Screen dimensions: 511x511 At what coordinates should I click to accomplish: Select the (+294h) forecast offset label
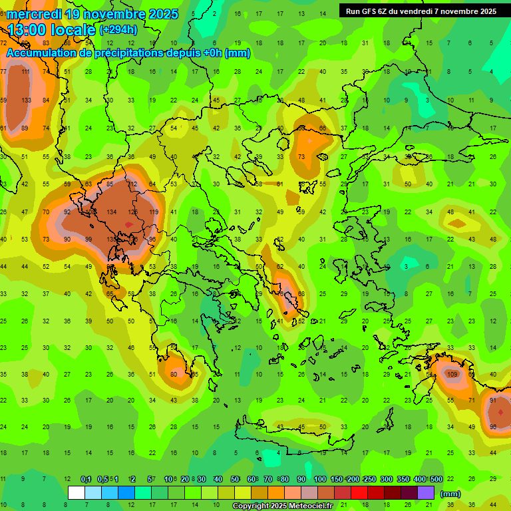tap(118, 30)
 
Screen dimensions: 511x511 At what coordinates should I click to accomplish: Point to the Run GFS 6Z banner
tap(421, 11)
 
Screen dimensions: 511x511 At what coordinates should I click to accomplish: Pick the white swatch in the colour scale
tap(77, 493)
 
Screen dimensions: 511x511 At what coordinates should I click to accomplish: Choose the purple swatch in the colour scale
tap(426, 493)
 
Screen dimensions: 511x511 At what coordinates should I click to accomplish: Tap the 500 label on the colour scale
tap(436, 479)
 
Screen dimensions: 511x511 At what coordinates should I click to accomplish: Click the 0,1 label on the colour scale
tap(86, 479)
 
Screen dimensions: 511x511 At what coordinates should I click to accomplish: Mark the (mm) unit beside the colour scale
tap(450, 494)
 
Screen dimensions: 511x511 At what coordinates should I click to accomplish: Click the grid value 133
tap(26, 100)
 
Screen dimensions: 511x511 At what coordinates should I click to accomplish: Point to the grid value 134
tap(112, 212)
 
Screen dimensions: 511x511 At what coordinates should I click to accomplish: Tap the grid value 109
tap(452, 375)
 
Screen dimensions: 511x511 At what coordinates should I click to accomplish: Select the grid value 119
tap(154, 212)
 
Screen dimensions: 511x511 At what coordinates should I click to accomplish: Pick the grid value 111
tap(26, 72)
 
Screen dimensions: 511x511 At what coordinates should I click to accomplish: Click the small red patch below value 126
tap(128, 225)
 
